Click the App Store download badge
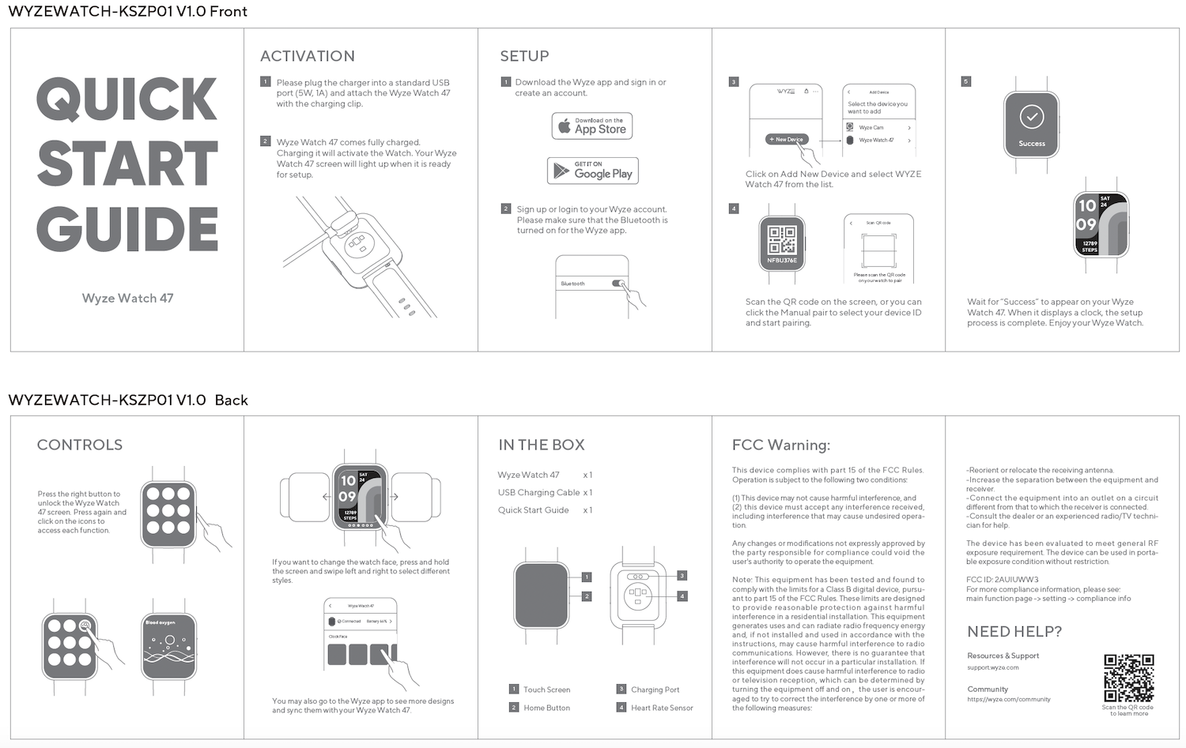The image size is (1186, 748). [x=591, y=126]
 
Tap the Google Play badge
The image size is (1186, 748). [x=592, y=171]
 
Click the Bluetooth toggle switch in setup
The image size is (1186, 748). [x=618, y=284]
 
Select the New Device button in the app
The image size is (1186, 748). [x=786, y=139]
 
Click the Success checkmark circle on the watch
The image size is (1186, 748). [x=1031, y=118]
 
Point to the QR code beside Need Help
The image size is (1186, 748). [x=1128, y=678]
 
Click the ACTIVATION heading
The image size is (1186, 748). [x=308, y=56]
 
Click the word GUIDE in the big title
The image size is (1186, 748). [x=127, y=230]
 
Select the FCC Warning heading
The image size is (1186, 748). [x=780, y=445]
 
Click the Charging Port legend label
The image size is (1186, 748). [x=655, y=690]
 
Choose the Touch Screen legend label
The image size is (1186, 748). [x=546, y=690]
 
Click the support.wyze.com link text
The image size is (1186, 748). [x=992, y=667]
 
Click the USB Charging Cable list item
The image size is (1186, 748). [x=538, y=492]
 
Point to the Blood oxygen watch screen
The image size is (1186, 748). [x=168, y=645]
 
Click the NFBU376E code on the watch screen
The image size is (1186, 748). [x=781, y=260]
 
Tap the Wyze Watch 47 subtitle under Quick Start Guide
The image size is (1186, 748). [x=127, y=298]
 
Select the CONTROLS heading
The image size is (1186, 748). [x=80, y=445]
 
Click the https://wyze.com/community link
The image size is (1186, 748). [x=1008, y=699]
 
